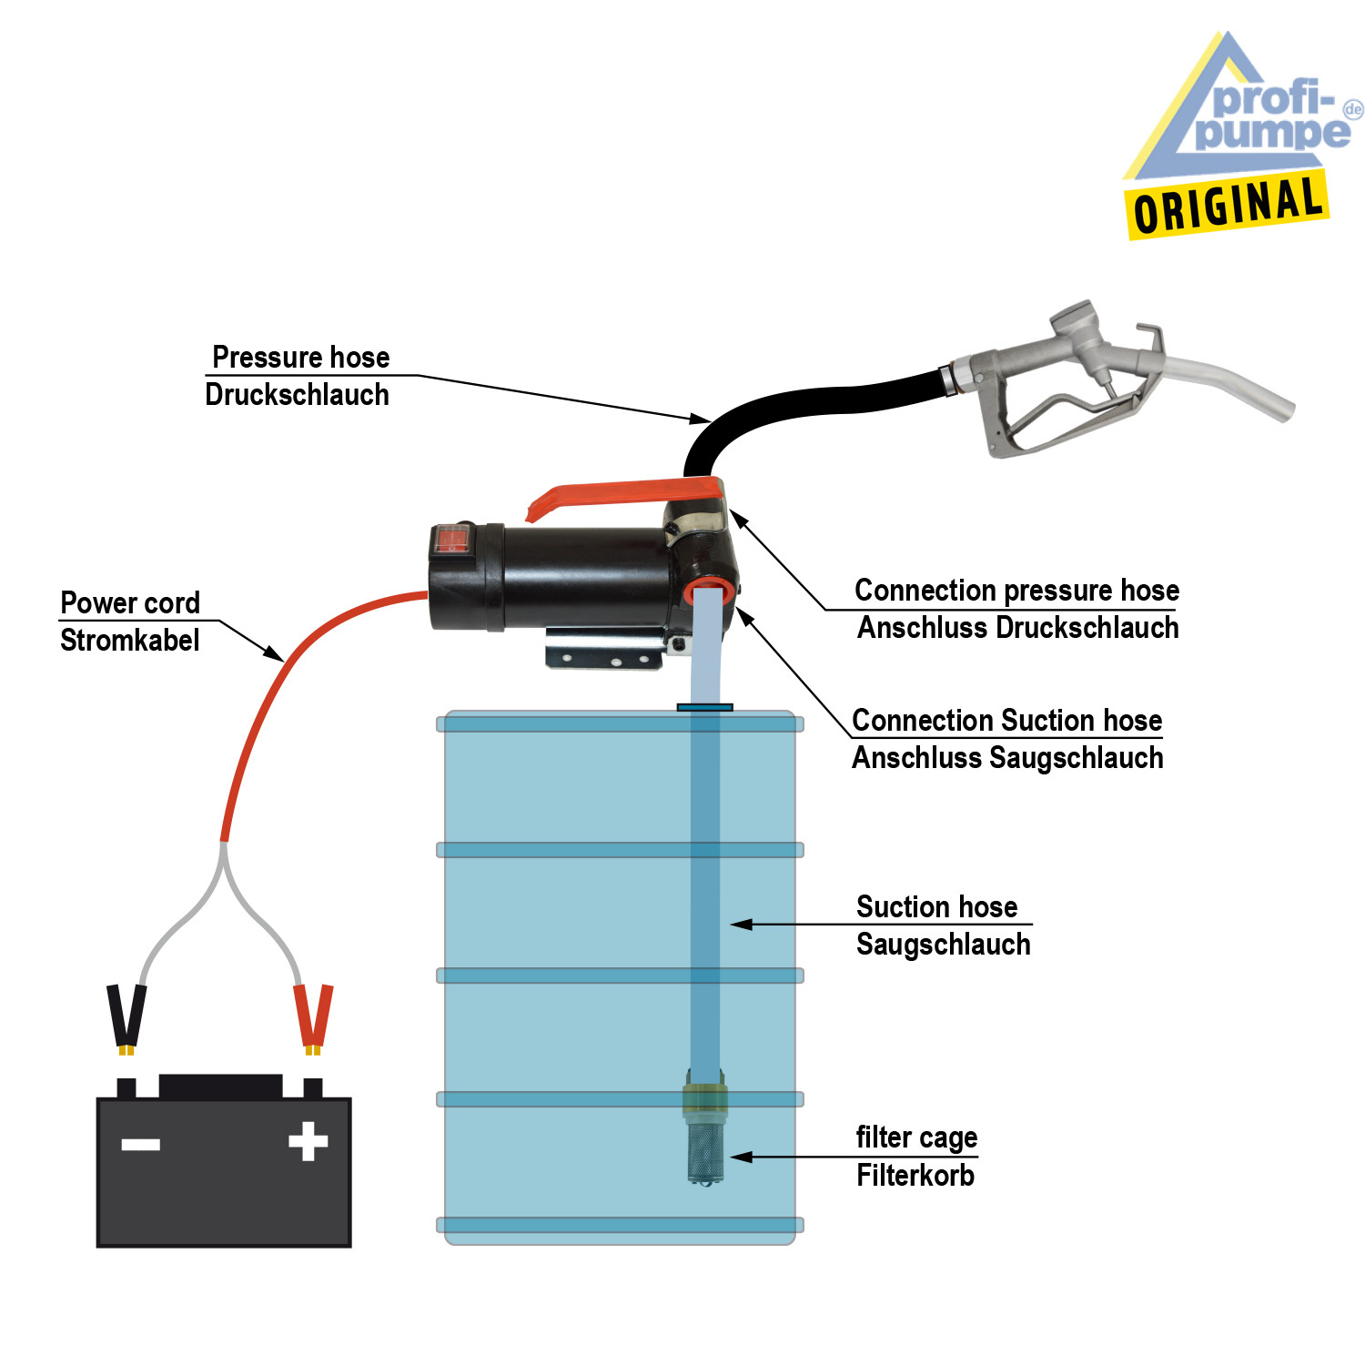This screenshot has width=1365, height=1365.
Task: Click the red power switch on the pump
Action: [x=451, y=541]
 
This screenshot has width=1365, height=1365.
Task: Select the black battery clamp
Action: [x=126, y=1015]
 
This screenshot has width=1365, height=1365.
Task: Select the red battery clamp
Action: [x=313, y=1015]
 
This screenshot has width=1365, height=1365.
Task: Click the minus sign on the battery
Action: [x=141, y=1144]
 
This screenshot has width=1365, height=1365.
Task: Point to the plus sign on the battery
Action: [x=308, y=1141]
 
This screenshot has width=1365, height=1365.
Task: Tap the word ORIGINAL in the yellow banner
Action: [x=1228, y=205]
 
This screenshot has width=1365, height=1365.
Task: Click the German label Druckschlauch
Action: [x=298, y=395]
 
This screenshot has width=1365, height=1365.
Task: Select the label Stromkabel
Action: [x=129, y=641]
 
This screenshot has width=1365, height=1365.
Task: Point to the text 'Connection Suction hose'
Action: [x=1006, y=721]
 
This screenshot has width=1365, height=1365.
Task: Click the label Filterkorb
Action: [x=915, y=1176]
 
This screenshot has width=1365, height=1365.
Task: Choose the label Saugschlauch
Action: [x=943, y=945]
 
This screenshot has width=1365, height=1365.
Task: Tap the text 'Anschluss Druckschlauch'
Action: [x=1017, y=628]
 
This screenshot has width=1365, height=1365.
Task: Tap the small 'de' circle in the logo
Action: [x=1353, y=109]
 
